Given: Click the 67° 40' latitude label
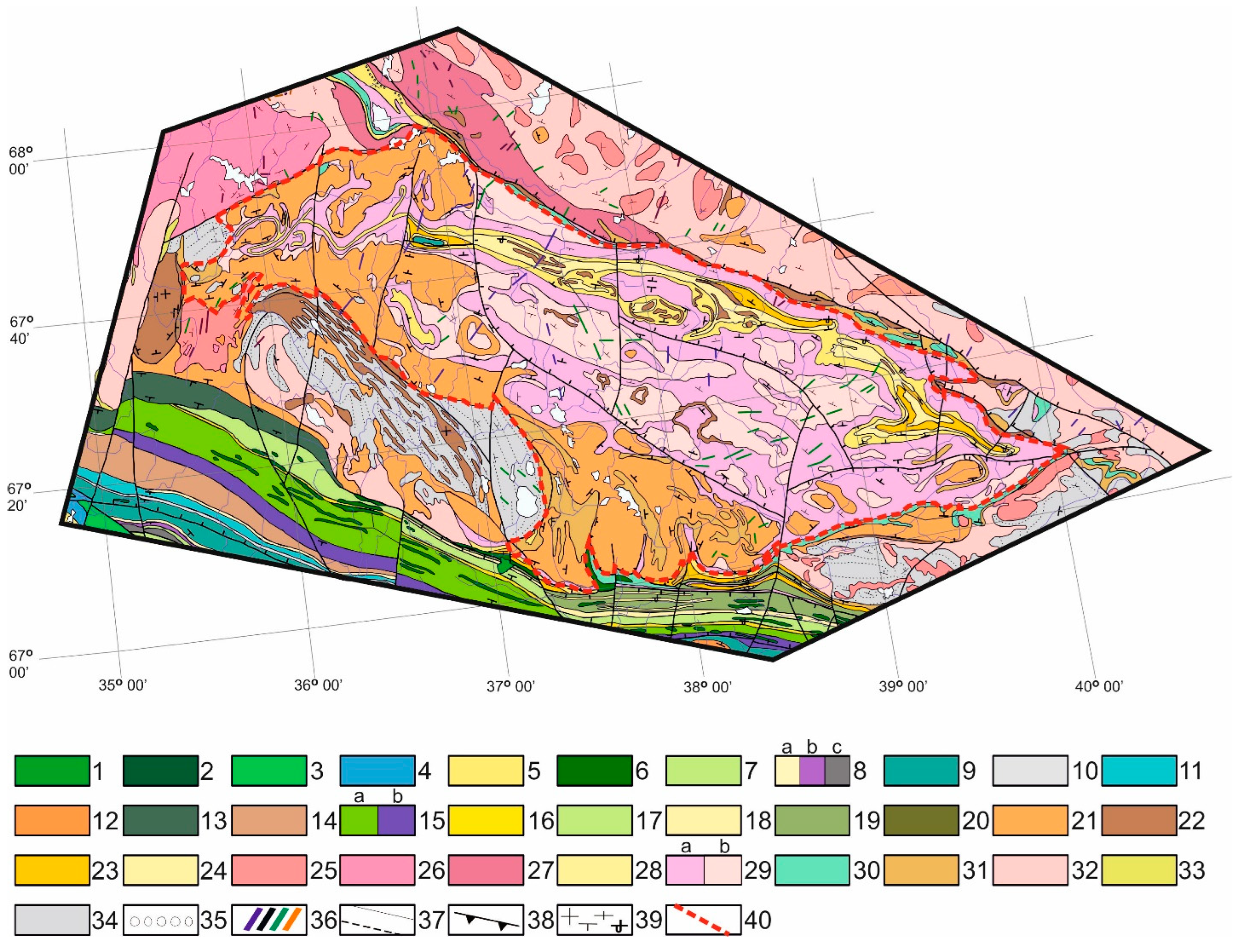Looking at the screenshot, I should [21, 330].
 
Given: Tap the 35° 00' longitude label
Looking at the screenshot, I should [122, 685].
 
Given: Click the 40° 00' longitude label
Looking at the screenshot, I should [1099, 686].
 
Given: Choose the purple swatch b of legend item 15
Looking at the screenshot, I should [396, 820].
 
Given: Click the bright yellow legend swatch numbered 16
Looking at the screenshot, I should [486, 820].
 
